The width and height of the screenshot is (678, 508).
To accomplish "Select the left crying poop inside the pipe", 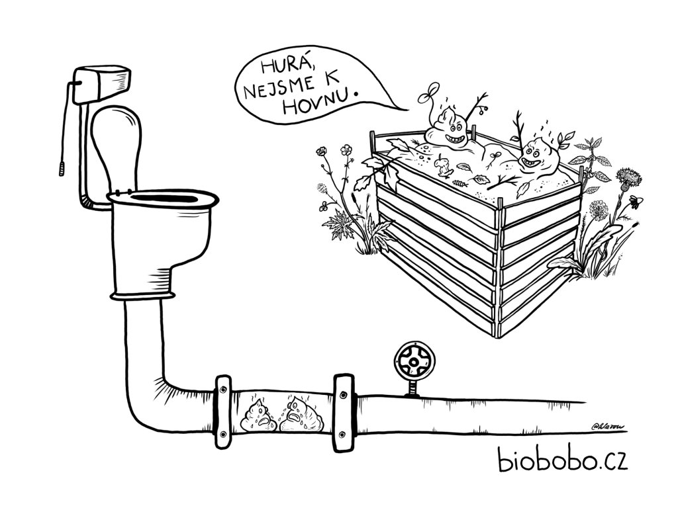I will click(x=258, y=416).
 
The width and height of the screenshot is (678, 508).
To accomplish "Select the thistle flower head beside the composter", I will click(x=627, y=177).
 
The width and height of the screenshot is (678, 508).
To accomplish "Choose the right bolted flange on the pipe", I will click(x=343, y=408).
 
